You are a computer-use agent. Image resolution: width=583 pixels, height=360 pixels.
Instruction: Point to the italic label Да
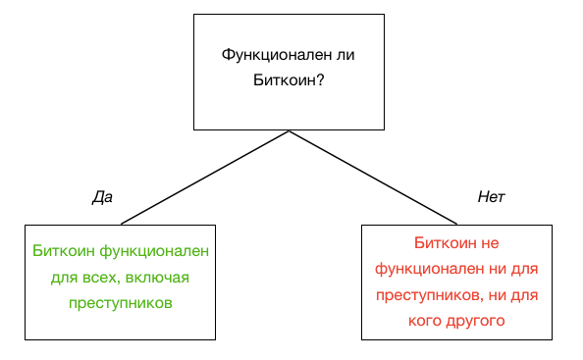tap(102, 197)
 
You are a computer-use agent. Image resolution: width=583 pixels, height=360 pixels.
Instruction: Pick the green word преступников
tap(120, 303)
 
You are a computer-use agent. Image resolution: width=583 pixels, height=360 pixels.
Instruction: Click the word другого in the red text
tap(478, 320)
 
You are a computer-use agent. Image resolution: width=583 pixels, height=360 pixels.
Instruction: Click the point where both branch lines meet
tap(289, 130)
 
